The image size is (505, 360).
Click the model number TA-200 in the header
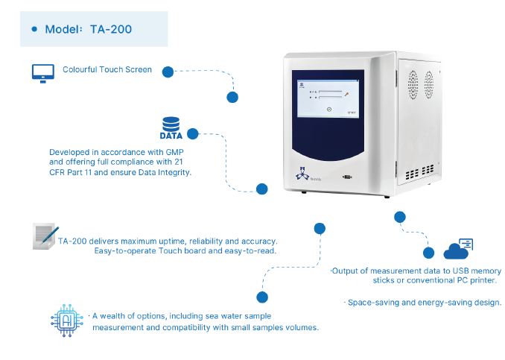pyautogui.click(x=111, y=29)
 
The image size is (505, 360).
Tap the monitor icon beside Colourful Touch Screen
pyautogui.click(x=43, y=74)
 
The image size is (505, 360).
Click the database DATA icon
pyautogui.click(x=171, y=128)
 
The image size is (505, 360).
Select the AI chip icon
pyautogui.click(x=67, y=320)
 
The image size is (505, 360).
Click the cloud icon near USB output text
pyautogui.click(x=458, y=249)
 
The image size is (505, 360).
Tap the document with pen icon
pyautogui.click(x=45, y=236)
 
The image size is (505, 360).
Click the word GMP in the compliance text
pyautogui.click(x=174, y=152)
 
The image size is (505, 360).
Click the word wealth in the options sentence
pyautogui.click(x=112, y=316)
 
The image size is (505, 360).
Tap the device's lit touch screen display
pyautogui.click(x=328, y=98)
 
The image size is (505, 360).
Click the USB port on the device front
pyautogui.click(x=347, y=177)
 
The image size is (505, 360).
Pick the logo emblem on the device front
pyautogui.click(x=302, y=174)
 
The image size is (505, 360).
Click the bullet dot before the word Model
pyautogui.click(x=34, y=29)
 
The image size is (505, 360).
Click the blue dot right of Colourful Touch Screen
pyautogui.click(x=168, y=72)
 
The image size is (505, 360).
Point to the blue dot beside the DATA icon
pyautogui.click(x=193, y=133)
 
